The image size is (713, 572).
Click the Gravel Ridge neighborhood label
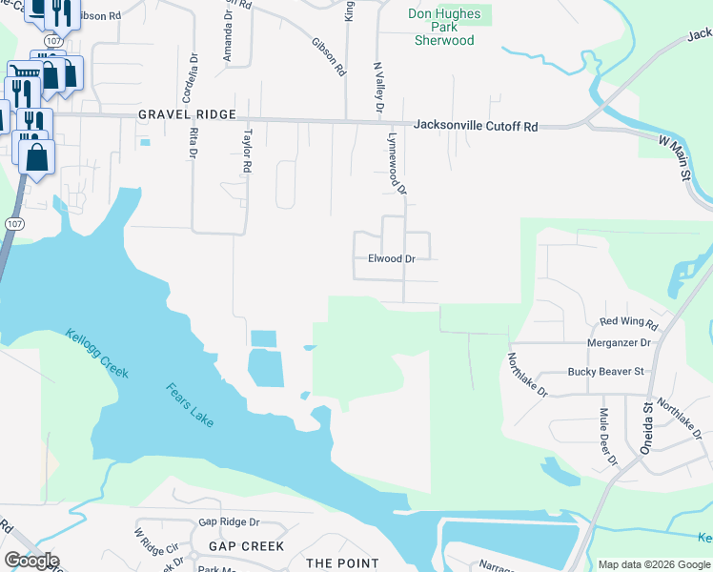click(187, 114)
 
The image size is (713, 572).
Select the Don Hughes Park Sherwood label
click(444, 28)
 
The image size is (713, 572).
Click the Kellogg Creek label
click(96, 353)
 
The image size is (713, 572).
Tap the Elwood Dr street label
click(392, 258)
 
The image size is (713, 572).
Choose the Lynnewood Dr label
click(397, 164)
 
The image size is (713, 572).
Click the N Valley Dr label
click(377, 89)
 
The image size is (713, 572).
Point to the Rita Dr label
click(194, 142)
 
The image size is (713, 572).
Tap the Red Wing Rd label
click(636, 323)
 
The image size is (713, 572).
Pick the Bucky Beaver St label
click(606, 371)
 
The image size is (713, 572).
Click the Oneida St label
click(645, 419)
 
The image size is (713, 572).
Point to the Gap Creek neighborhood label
click(247, 546)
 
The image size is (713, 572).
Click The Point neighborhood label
click(342, 563)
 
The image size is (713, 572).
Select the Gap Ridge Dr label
click(229, 522)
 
